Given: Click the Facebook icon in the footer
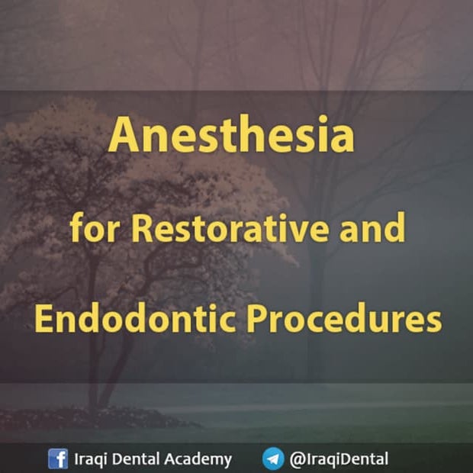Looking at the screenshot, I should click(x=57, y=459).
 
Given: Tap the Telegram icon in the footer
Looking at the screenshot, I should click(x=273, y=459).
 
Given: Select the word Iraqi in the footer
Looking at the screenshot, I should click(x=89, y=459).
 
